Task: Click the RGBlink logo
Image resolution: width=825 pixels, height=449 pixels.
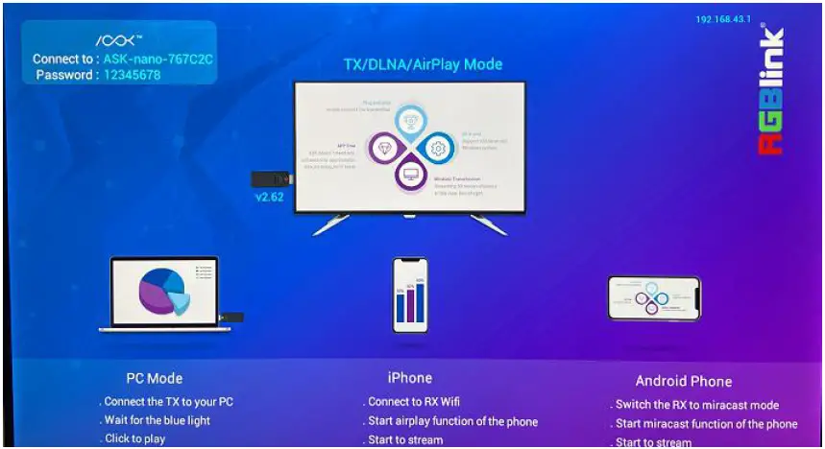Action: pyautogui.click(x=772, y=91)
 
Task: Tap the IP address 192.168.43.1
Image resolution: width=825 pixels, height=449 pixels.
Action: pyautogui.click(x=723, y=19)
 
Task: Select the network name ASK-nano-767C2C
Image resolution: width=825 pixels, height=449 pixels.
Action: pyautogui.click(x=158, y=59)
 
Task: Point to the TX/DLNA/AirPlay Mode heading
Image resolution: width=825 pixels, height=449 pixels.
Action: pyautogui.click(x=423, y=64)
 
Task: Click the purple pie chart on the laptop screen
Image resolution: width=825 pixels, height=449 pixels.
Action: pyautogui.click(x=158, y=291)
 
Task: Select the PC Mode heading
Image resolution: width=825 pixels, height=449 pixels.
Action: pyautogui.click(x=154, y=378)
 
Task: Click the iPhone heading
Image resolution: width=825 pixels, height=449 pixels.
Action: pyautogui.click(x=409, y=378)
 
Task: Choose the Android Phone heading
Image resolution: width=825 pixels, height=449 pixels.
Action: pyautogui.click(x=683, y=381)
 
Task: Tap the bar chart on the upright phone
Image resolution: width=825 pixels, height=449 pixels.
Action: pyautogui.click(x=409, y=300)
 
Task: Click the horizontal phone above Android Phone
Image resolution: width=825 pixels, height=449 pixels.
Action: pyautogui.click(x=654, y=297)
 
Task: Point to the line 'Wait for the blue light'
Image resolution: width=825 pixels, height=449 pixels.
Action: pyautogui.click(x=156, y=420)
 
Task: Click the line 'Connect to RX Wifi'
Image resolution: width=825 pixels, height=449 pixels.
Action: pyautogui.click(x=412, y=402)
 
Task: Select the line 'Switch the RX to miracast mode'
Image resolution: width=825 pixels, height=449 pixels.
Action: pyautogui.click(x=696, y=405)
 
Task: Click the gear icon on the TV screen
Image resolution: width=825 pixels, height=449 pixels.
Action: pyautogui.click(x=438, y=149)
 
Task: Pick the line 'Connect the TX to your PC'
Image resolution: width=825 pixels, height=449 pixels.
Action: pyautogui.click(x=167, y=401)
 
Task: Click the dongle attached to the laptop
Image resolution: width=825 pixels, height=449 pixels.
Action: pyautogui.click(x=231, y=317)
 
